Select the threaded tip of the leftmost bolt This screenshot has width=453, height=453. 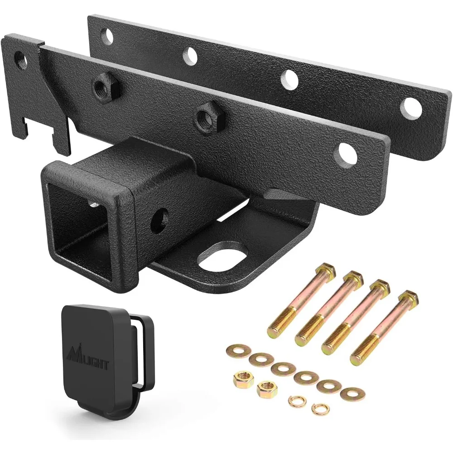coord(275,324)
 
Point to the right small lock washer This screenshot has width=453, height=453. coord(319,407)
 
